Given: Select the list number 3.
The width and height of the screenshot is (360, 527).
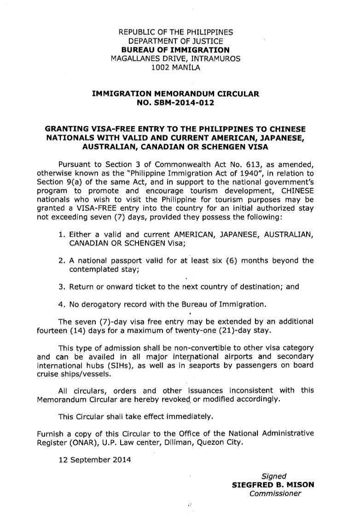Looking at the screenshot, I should tap(61, 286).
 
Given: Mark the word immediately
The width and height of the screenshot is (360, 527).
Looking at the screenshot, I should tap(191, 417).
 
